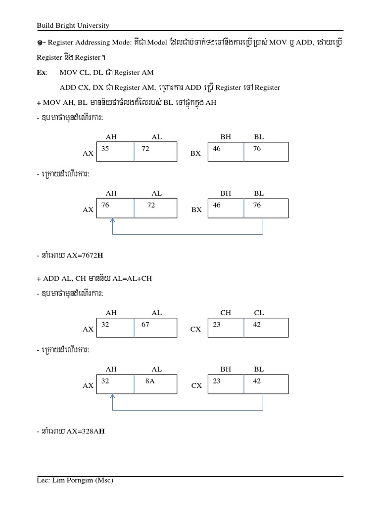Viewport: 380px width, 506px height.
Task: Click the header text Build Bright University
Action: [73, 25]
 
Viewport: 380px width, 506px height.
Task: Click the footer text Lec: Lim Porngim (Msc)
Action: [75, 480]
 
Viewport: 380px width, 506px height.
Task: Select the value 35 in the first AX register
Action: [105, 148]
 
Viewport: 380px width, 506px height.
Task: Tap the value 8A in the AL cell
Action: [150, 381]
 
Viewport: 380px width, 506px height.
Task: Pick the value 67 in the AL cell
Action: [145, 325]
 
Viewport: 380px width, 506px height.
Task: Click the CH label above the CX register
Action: [226, 313]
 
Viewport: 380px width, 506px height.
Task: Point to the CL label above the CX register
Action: [259, 313]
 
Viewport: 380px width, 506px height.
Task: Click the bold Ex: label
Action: [42, 73]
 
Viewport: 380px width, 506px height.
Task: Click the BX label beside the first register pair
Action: [195, 154]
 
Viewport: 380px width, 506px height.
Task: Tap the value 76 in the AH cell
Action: [105, 205]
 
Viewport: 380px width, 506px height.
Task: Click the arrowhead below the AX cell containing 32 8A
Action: [113, 396]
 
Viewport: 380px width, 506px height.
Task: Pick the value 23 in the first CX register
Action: [217, 325]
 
